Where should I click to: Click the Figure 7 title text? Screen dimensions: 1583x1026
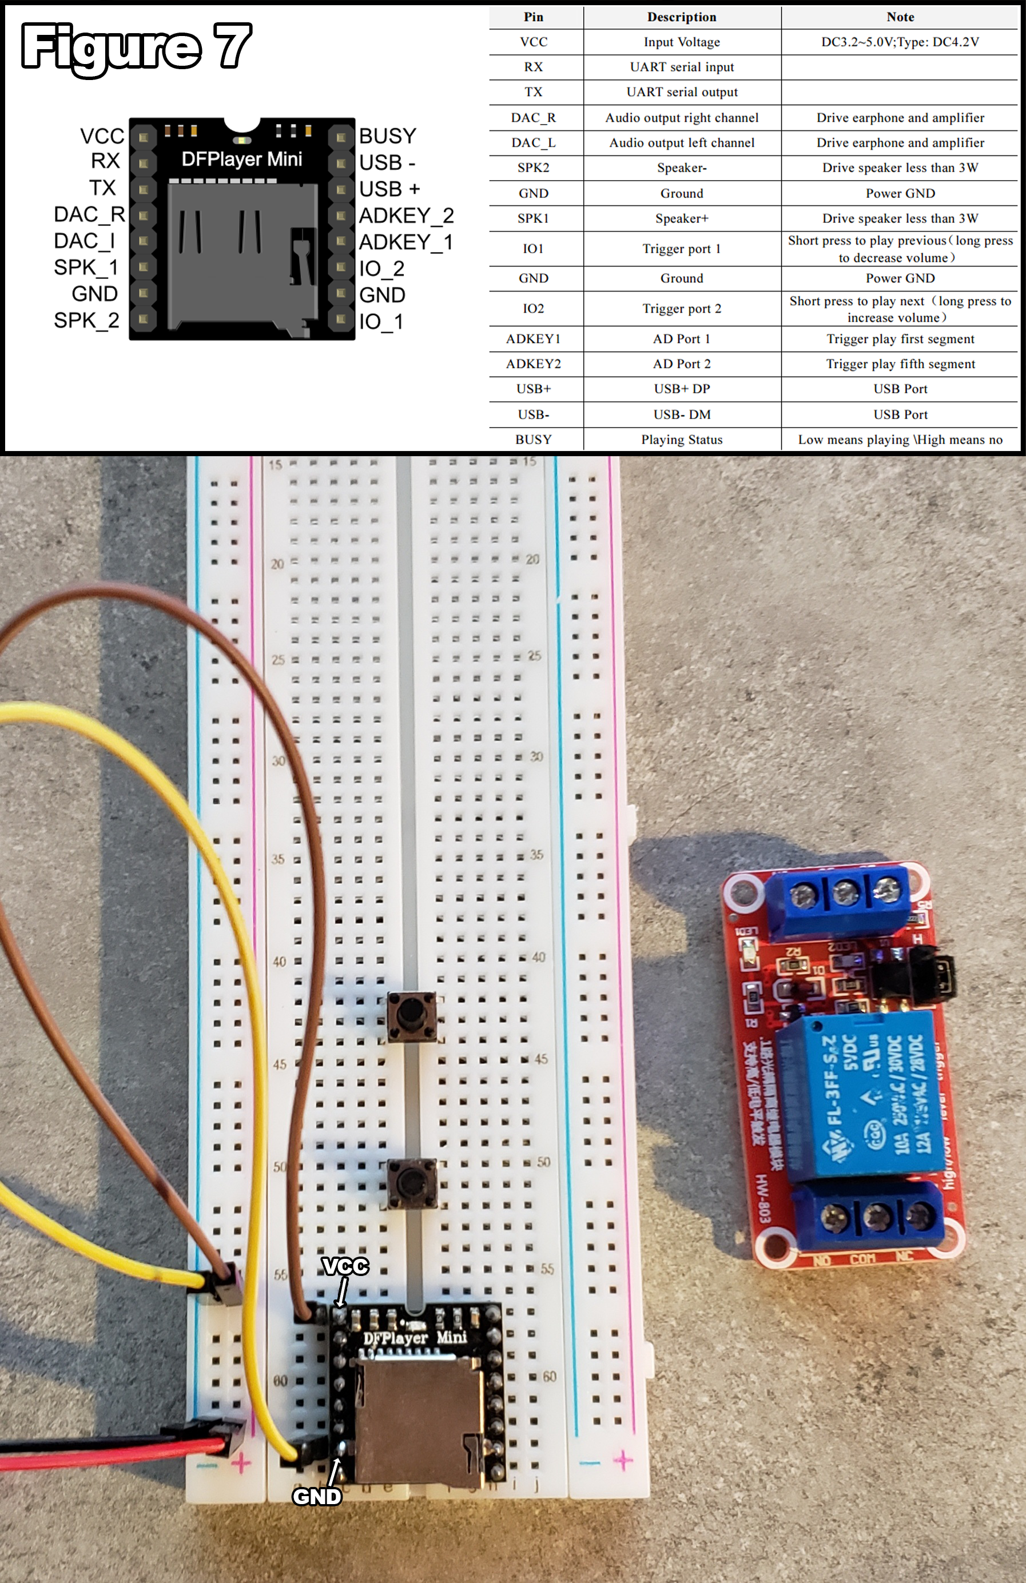(137, 46)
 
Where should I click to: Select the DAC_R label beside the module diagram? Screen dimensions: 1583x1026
(89, 214)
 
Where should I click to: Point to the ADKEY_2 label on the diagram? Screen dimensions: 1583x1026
(406, 216)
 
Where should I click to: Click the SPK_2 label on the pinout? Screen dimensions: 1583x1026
(86, 320)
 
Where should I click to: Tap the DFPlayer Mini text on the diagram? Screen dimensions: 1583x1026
(241, 159)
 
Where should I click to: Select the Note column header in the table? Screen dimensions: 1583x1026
(900, 17)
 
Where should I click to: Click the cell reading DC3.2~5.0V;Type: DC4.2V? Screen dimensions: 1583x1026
(900, 42)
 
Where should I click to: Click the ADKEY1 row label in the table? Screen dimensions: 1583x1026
(533, 338)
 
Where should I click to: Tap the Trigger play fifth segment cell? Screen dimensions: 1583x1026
(900, 364)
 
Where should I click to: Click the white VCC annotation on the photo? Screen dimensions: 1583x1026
(345, 1266)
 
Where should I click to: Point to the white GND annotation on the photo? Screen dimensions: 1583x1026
(317, 1496)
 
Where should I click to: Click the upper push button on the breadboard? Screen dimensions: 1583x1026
(412, 1016)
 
